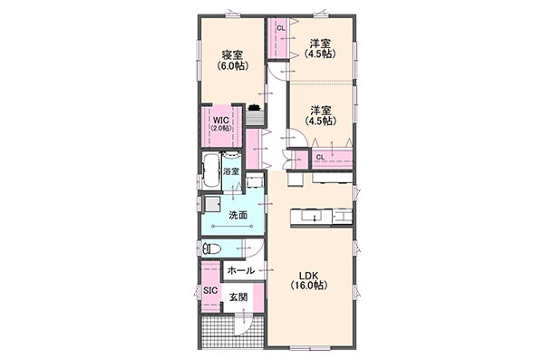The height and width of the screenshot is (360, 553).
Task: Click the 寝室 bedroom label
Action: click(x=232, y=55)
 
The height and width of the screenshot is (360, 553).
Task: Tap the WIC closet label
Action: click(x=221, y=120)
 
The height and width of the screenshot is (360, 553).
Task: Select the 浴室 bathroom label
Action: click(x=231, y=172)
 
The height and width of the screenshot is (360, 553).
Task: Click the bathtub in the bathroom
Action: click(x=211, y=170)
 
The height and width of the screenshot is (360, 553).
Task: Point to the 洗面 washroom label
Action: click(x=238, y=215)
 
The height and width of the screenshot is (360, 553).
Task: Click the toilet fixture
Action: click(x=212, y=249)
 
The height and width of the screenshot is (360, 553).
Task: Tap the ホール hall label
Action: click(x=241, y=271)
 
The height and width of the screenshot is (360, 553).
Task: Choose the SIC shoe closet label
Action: click(x=210, y=290)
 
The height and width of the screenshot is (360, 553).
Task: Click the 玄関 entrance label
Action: click(x=238, y=297)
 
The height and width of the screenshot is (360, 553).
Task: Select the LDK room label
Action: click(x=309, y=276)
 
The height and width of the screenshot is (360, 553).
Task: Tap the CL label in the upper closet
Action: click(x=281, y=28)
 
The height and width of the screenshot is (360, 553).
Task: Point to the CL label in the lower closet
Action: click(x=320, y=157)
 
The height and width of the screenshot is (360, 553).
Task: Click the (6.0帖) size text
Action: click(x=232, y=65)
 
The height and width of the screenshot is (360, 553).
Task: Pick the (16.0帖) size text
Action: click(x=309, y=286)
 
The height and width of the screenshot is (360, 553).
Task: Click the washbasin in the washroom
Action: click(x=213, y=205)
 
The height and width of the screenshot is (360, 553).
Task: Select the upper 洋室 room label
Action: click(x=320, y=44)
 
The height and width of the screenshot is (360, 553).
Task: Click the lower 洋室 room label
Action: click(x=321, y=110)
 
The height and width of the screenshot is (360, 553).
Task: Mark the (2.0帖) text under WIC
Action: click(x=221, y=128)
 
